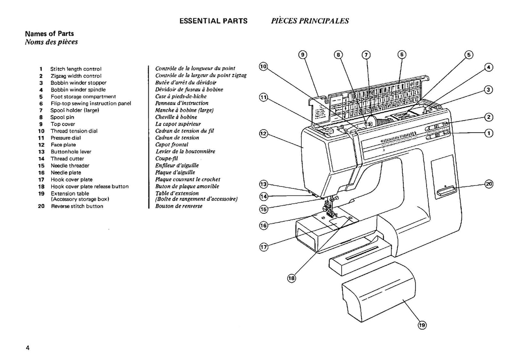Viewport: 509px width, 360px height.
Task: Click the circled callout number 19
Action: tap(422, 325)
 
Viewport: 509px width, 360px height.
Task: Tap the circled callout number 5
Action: tap(469, 55)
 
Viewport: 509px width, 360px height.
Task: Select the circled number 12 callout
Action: tap(263, 134)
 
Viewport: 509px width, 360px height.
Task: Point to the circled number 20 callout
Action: tap(489, 184)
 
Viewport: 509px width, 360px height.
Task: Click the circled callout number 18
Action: tap(291, 278)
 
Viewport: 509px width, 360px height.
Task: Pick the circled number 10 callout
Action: tap(263, 67)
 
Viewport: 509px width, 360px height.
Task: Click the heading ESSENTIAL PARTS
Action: tap(213, 21)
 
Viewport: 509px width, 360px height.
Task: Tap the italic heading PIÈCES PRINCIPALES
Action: tap(310, 21)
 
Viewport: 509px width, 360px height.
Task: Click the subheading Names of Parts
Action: tap(49, 34)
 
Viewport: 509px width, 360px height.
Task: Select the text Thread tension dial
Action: tap(74, 131)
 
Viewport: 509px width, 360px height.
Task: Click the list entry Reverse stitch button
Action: tap(77, 206)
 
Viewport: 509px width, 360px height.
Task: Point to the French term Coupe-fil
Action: tap(166, 159)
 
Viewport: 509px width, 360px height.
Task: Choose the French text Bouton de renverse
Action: tap(179, 206)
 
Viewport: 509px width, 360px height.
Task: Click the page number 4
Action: tap(28, 348)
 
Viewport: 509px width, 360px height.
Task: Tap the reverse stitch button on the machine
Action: tap(446, 191)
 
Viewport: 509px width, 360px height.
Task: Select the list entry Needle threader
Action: tap(70, 166)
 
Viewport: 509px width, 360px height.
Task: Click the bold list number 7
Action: tap(41, 110)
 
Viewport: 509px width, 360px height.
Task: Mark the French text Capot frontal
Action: tap(171, 145)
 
